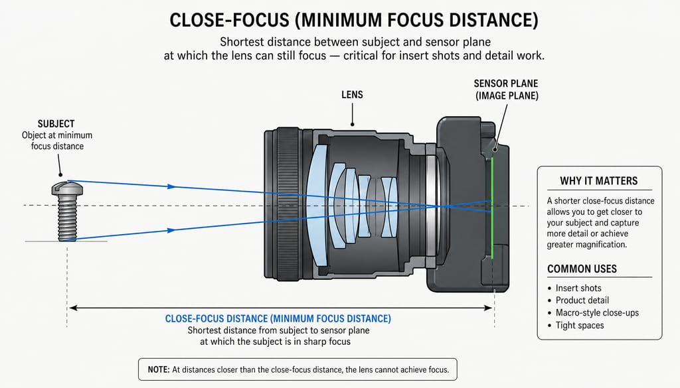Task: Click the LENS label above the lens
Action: click(x=352, y=94)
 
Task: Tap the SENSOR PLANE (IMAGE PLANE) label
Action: click(x=506, y=90)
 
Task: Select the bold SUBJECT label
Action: click(x=56, y=124)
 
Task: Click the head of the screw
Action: click(x=67, y=188)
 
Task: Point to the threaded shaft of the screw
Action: click(x=67, y=218)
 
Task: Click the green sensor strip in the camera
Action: click(x=493, y=208)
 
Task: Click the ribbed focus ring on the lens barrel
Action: click(x=288, y=205)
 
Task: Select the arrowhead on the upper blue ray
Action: click(x=172, y=186)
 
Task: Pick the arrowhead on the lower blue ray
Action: click(x=172, y=230)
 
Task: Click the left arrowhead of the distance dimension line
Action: click(x=73, y=308)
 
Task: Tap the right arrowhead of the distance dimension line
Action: click(x=488, y=308)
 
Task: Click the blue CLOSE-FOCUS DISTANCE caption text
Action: click(x=278, y=319)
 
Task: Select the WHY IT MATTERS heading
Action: click(x=598, y=181)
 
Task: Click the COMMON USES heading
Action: click(x=582, y=269)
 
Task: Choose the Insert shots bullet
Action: click(x=574, y=288)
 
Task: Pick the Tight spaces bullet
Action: click(x=576, y=325)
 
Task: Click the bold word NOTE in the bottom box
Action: click(x=158, y=370)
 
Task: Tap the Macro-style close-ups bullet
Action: click(x=593, y=312)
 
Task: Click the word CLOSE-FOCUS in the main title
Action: click(x=229, y=21)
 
